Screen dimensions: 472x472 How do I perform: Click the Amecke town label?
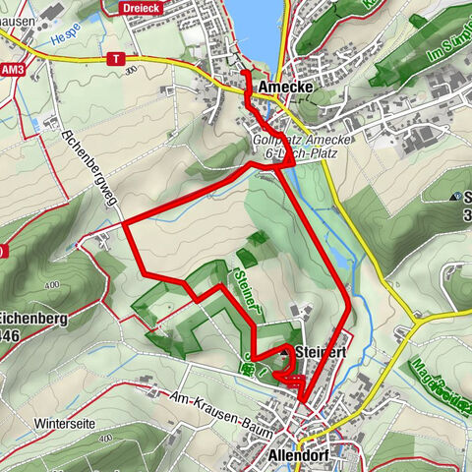tap(287, 88)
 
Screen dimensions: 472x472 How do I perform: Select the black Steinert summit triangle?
tap(286, 351)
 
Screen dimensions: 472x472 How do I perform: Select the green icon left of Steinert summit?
tap(250, 370)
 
